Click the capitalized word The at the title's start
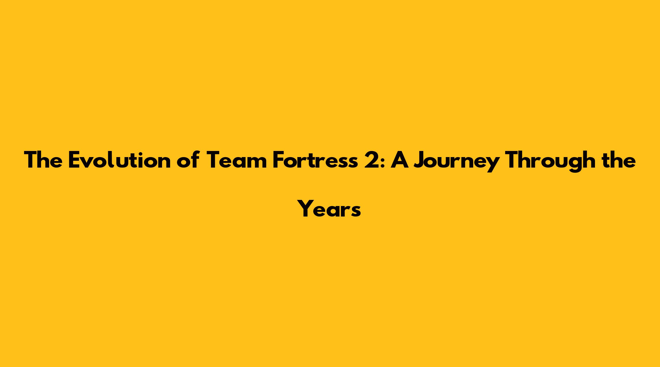(43, 160)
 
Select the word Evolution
(120, 160)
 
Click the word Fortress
(315, 160)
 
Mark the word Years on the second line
(330, 209)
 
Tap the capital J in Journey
(420, 160)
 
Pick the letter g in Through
(572, 164)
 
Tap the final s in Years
(356, 212)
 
